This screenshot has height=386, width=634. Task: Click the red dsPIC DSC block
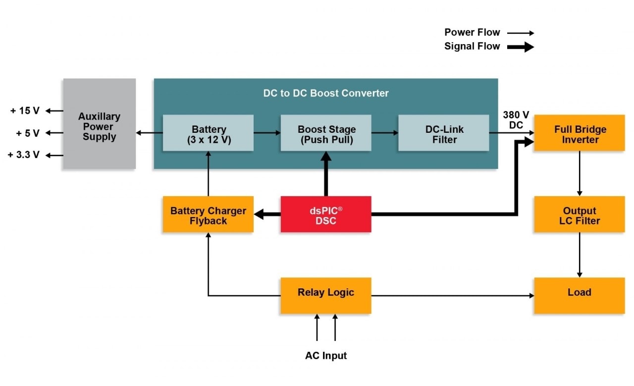[325, 214]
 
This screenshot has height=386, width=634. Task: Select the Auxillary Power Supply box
[99, 124]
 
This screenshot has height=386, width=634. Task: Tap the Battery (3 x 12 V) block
[208, 133]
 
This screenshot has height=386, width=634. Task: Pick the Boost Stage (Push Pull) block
[326, 133]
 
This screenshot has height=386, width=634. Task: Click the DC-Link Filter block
[444, 133]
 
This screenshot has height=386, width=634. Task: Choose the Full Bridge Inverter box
[579, 133]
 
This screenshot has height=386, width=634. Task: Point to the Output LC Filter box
[579, 215]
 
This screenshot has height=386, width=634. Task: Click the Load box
[579, 295]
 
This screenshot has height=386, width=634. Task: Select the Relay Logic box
[325, 295]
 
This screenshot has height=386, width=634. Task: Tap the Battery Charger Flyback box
[208, 215]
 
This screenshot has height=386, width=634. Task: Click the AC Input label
[325, 356]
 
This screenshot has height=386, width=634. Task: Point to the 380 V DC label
[516, 120]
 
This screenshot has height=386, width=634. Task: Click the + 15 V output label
[25, 111]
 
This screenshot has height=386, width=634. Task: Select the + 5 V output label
[28, 133]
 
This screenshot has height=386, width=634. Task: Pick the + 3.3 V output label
[23, 155]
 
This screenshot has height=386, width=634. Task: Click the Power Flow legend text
[472, 33]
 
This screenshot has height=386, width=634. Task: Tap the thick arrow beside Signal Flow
[520, 47]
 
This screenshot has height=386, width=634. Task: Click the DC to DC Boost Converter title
[325, 93]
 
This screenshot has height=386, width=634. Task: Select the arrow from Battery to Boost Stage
[267, 133]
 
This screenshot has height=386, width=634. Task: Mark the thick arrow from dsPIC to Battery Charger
[267, 214]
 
